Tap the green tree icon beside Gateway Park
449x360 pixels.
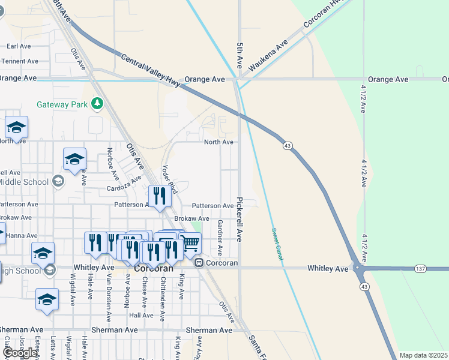97,104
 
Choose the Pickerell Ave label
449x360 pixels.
240,220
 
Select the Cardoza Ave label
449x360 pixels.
124,183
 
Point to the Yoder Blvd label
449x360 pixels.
170,179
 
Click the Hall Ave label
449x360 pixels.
142,315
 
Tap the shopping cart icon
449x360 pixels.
191,242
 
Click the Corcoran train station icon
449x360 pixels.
199,263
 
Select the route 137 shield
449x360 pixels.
420,269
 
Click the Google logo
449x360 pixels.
20,353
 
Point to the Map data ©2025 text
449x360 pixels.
424,355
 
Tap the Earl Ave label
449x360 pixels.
19,46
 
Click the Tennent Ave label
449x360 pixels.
20,61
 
